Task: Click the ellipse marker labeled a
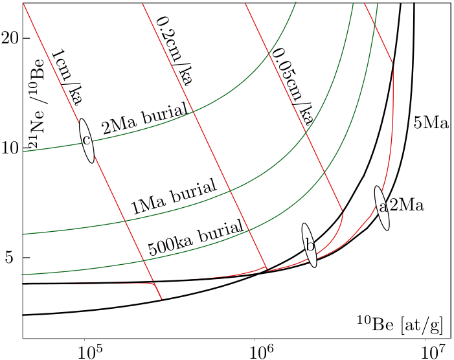(x=382, y=208)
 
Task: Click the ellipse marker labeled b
(x=310, y=245)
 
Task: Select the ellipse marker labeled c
(x=86, y=141)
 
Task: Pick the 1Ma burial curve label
(x=173, y=198)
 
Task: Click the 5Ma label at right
(x=431, y=122)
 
